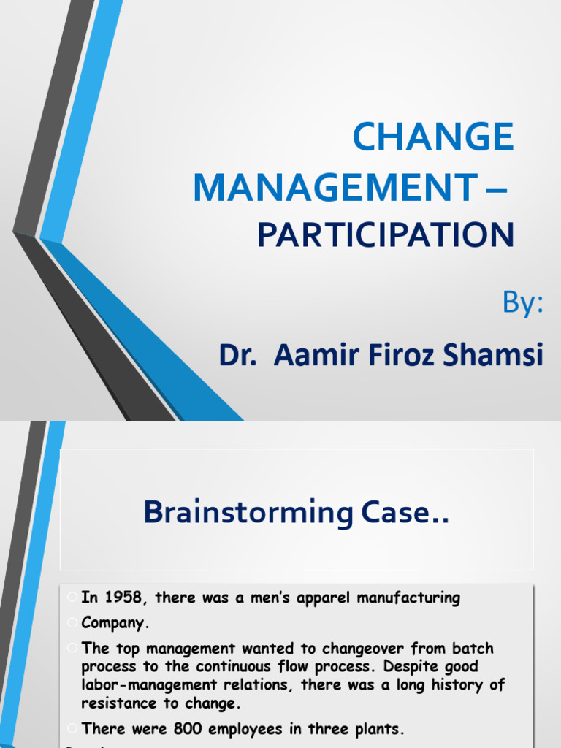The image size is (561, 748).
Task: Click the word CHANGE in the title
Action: click(433, 138)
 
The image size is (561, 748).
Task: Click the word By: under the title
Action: click(523, 303)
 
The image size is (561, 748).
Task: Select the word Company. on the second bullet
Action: click(115, 624)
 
